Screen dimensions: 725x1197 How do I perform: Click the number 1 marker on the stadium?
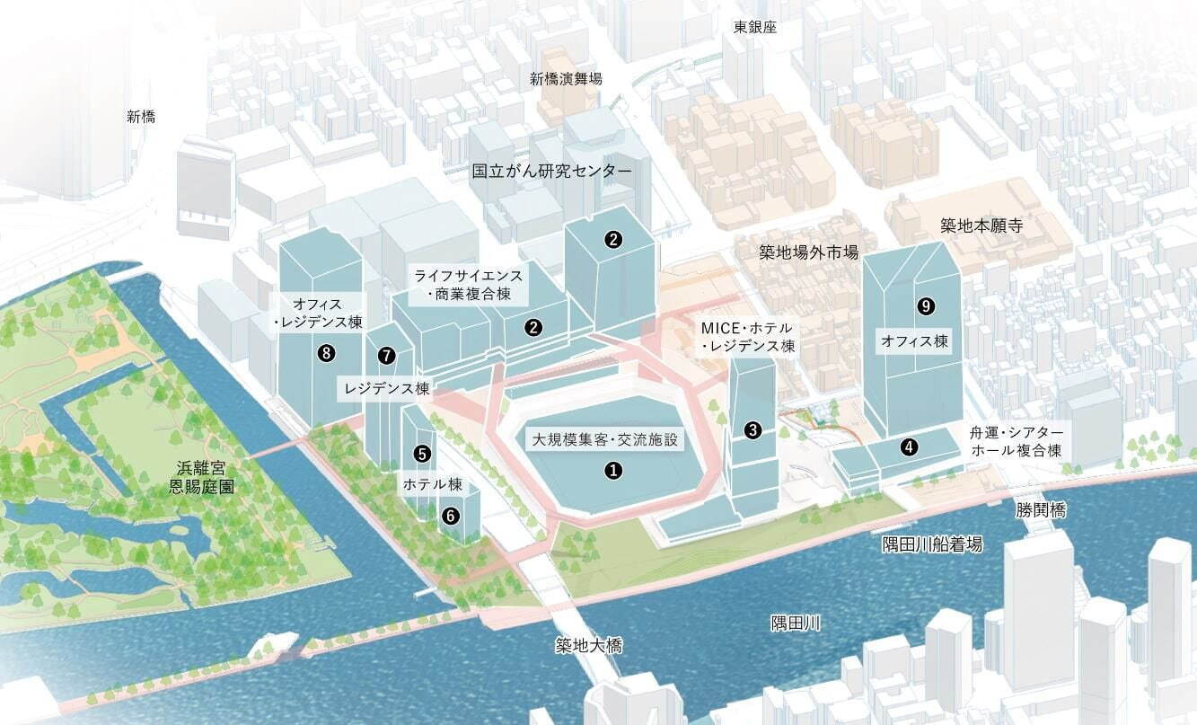point(613,470)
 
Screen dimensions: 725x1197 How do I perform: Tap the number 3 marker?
point(753,430)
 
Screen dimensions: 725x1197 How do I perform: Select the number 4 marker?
point(910,446)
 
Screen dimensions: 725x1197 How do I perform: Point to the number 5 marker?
point(423,454)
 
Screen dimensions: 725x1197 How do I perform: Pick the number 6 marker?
point(451,515)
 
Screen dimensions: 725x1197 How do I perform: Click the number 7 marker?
point(386,356)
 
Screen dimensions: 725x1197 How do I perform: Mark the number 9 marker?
point(926,306)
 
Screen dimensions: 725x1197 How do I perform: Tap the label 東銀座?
point(754,27)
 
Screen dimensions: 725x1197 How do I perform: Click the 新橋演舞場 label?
point(566,79)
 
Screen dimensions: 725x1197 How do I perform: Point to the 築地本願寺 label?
point(981,225)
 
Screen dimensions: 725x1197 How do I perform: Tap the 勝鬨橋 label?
point(1042,509)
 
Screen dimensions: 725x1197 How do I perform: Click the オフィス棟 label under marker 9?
point(914,341)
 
